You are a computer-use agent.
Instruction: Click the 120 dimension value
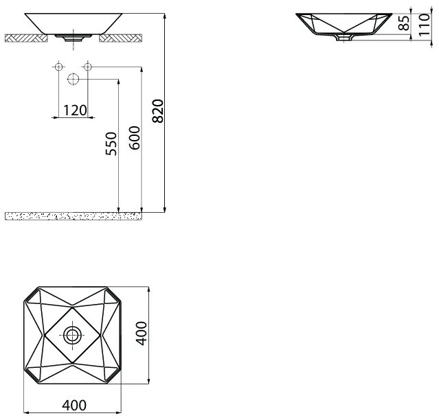click(75, 110)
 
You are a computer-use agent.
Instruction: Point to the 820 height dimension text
click(158, 111)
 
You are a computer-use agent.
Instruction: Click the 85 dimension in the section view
click(404, 23)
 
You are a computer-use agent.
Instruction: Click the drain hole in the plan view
click(72, 336)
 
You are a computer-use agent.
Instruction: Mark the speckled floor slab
click(73, 216)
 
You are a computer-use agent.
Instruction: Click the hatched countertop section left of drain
click(25, 38)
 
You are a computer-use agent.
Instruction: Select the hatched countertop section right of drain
click(121, 38)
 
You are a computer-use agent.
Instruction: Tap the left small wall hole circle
click(58, 67)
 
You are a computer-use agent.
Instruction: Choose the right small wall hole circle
click(87, 67)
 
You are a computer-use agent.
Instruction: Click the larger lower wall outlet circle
click(73, 80)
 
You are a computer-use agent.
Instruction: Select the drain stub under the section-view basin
click(341, 39)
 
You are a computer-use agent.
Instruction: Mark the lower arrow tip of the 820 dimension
click(166, 211)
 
